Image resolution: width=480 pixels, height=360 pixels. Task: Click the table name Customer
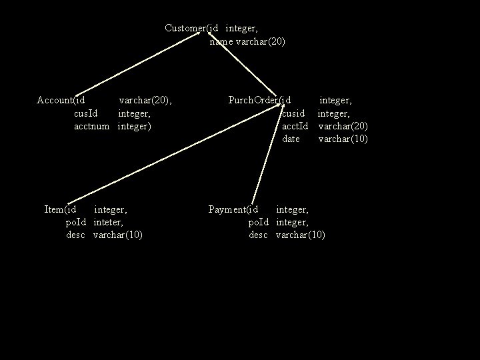tap(185, 28)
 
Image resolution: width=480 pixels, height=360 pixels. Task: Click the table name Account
tap(54, 100)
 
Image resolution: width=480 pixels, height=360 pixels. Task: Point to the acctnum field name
tap(91, 126)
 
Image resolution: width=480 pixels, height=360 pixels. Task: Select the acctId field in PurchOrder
tap(295, 126)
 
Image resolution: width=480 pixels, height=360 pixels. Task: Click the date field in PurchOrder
tap(291, 139)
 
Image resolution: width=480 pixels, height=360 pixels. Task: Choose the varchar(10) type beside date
tap(343, 139)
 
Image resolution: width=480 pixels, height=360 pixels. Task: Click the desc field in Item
tap(75, 235)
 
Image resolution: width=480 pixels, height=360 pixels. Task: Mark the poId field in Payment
tap(258, 222)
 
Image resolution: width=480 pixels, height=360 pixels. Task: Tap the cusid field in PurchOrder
tap(293, 113)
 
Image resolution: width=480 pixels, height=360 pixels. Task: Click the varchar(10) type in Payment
tap(300, 235)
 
